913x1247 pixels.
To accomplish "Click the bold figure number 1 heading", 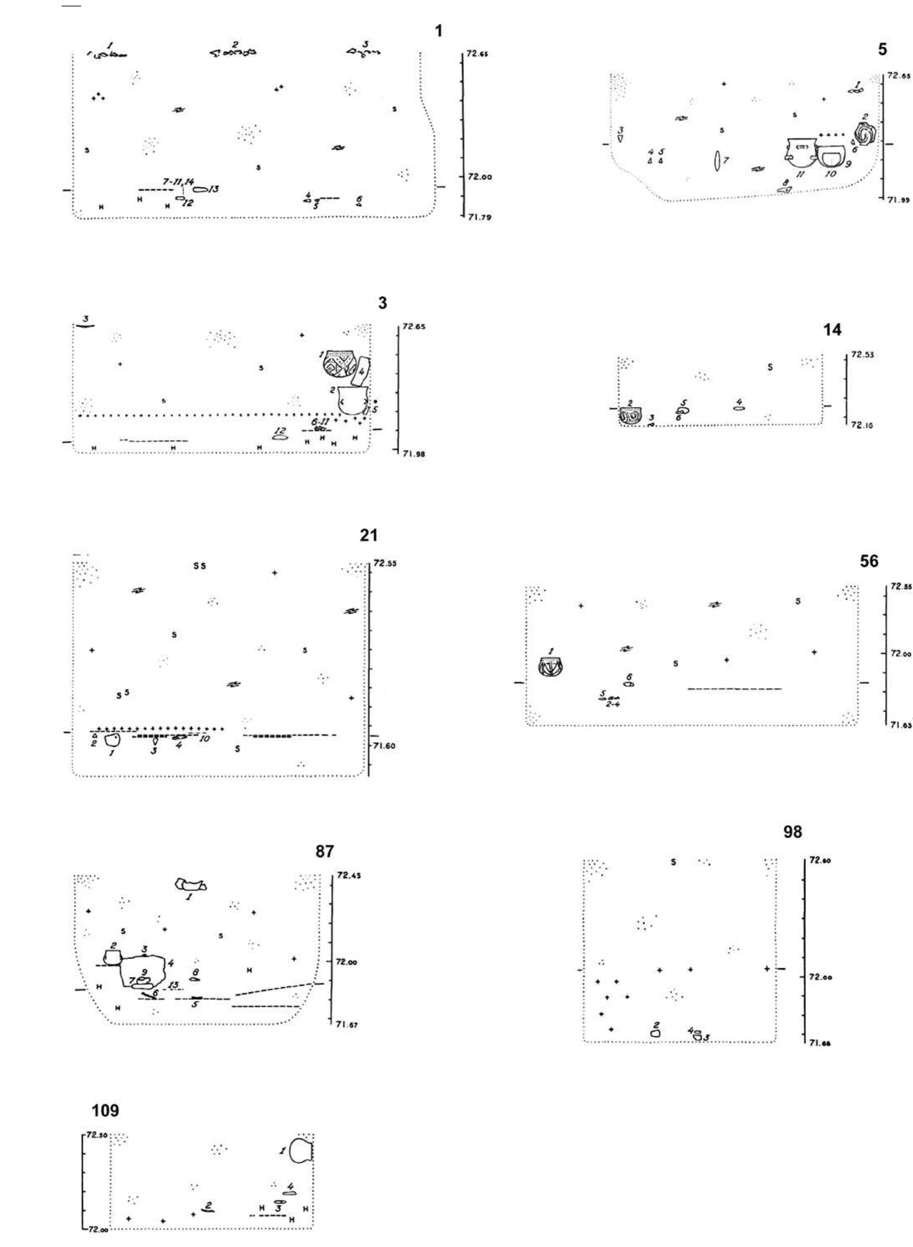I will pyautogui.click(x=438, y=31).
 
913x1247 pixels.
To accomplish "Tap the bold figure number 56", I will pyautogui.click(x=869, y=561).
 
